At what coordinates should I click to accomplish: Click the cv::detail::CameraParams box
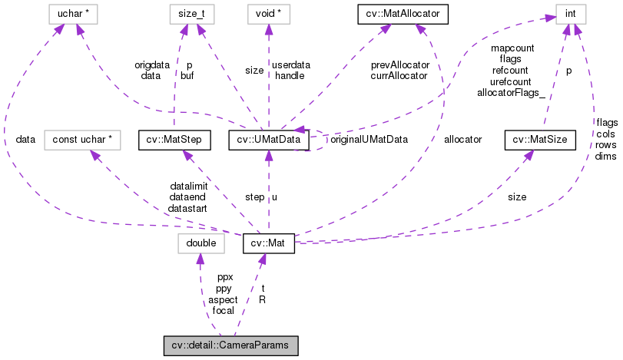230,345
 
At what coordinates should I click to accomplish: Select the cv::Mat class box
268,243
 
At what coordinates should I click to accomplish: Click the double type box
200,243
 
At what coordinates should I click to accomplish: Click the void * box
268,13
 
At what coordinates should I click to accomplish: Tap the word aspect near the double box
223,299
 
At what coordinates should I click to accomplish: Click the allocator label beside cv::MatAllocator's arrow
462,140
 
